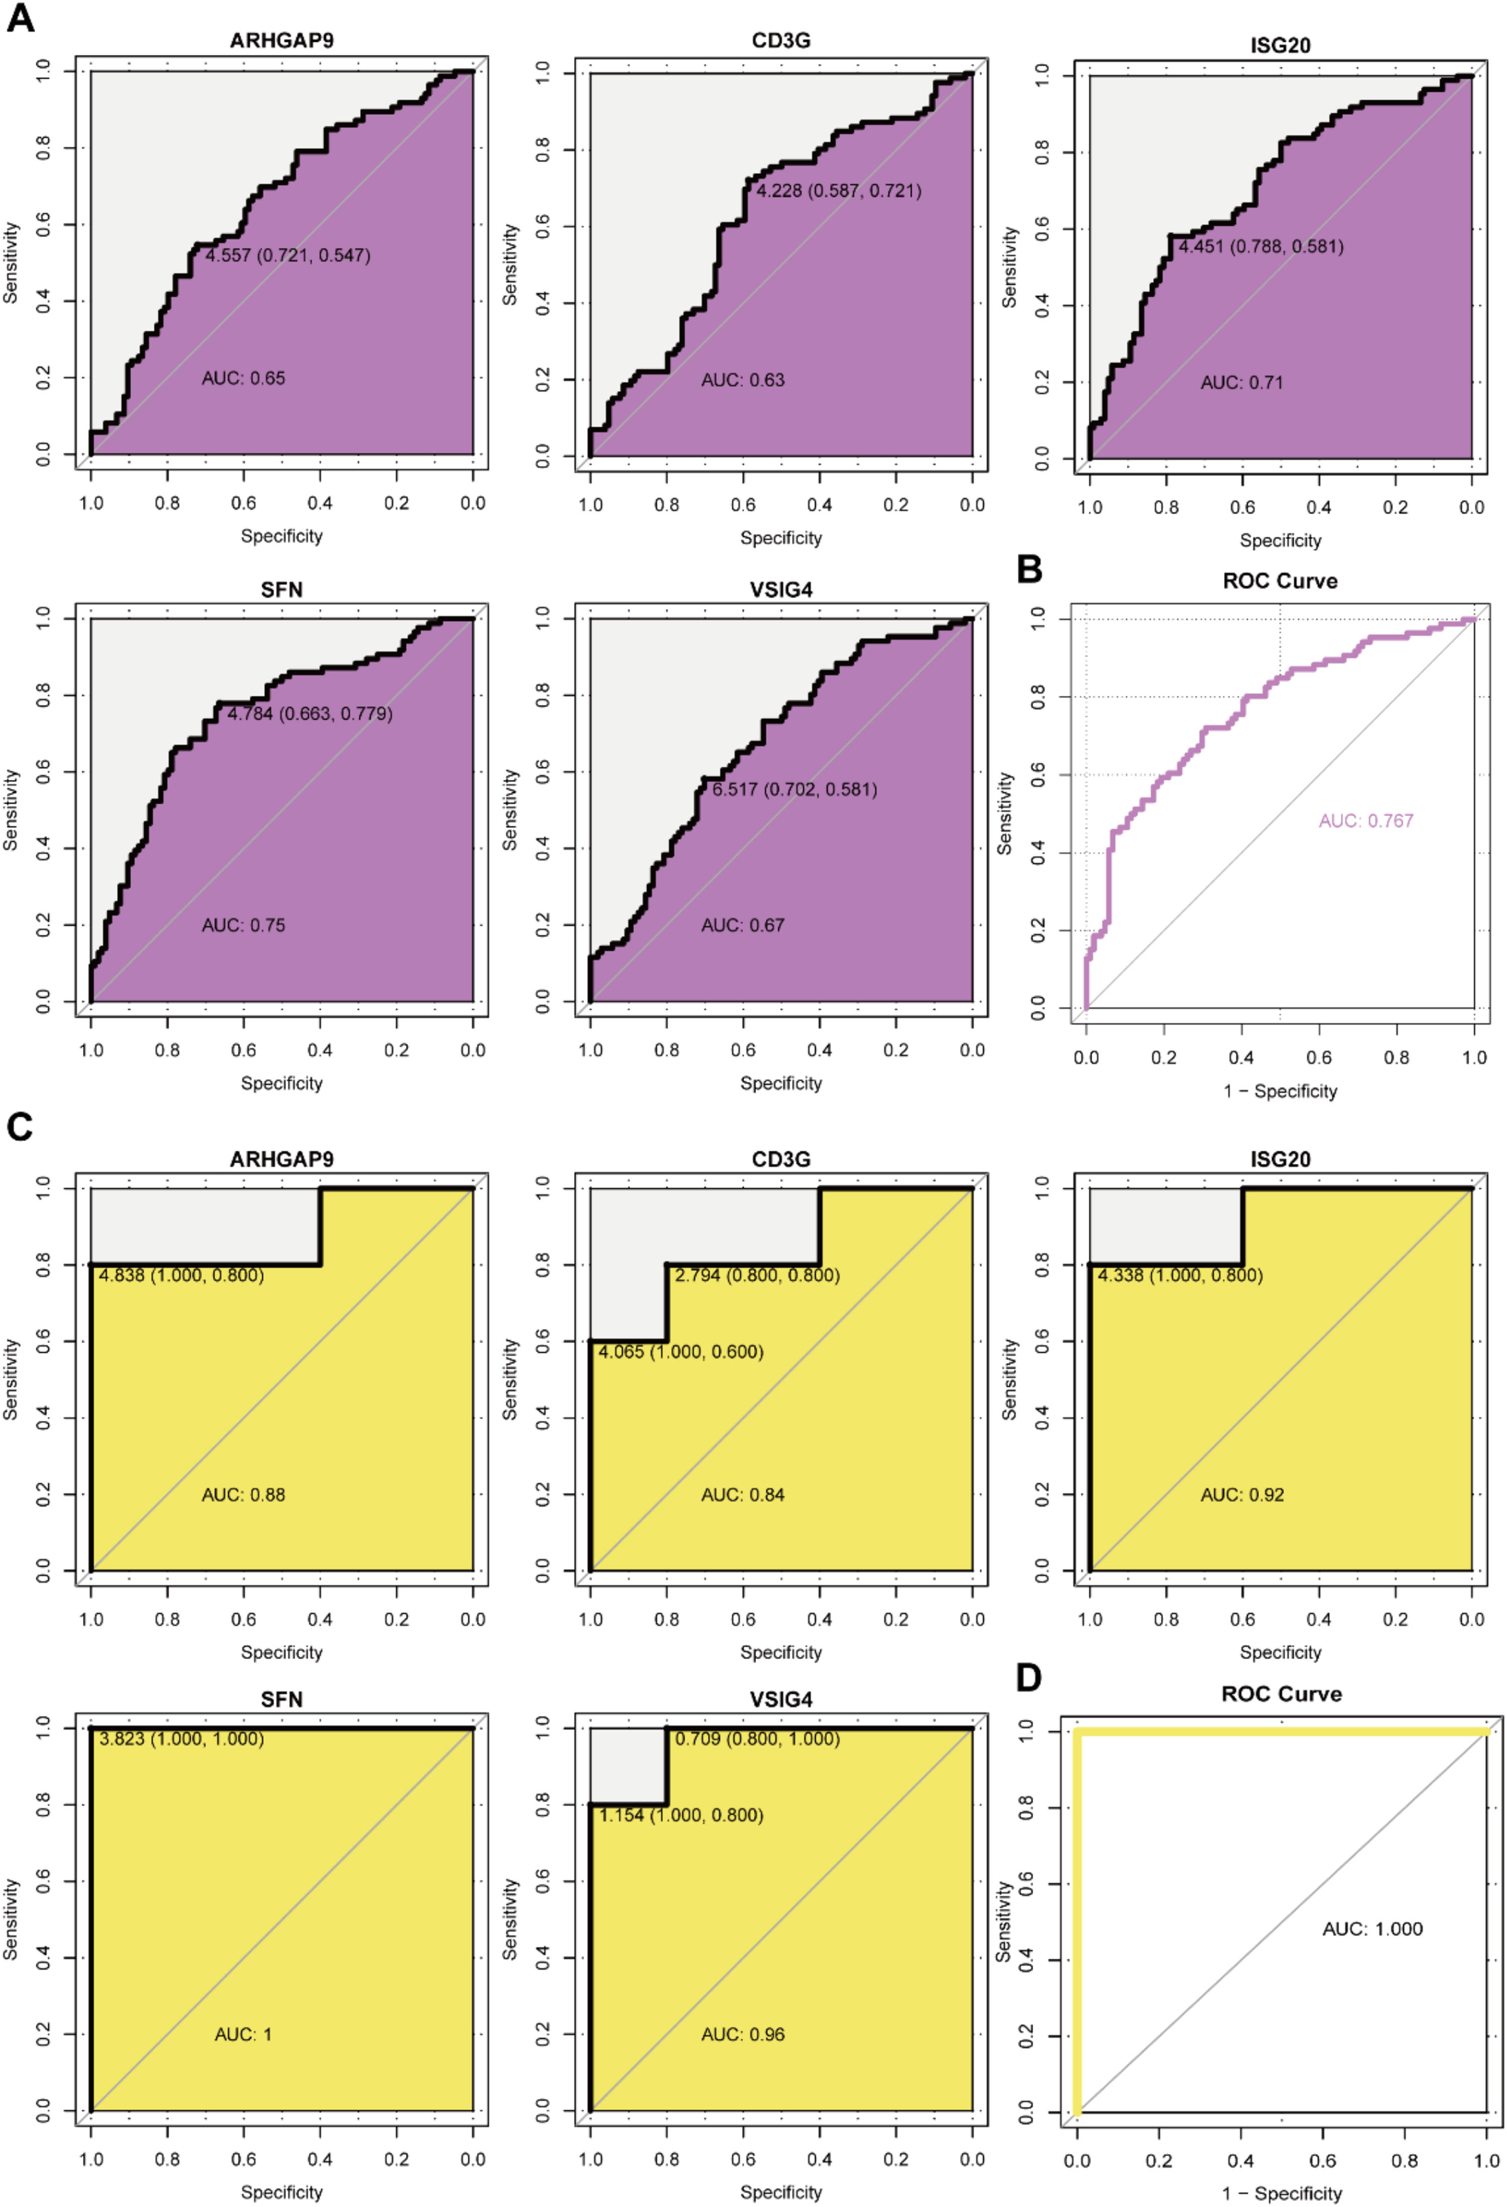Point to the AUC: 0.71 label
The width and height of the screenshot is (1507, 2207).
click(x=1241, y=383)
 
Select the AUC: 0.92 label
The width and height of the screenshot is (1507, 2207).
click(x=1241, y=1495)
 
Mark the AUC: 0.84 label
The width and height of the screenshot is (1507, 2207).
click(x=743, y=1495)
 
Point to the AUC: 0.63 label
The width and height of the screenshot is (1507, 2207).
click(x=743, y=380)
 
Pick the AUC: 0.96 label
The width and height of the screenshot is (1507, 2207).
click(x=743, y=2034)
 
